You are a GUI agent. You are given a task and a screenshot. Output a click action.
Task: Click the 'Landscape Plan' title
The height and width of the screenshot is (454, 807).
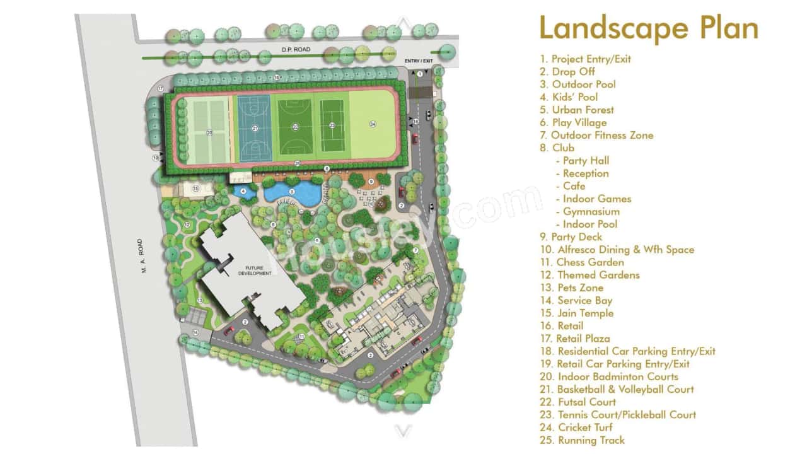pyautogui.click(x=648, y=28)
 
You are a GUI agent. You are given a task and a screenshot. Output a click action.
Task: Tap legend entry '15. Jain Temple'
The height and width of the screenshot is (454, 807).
pyautogui.click(x=576, y=313)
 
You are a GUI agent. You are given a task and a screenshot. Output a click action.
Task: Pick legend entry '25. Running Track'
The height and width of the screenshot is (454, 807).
pyautogui.click(x=582, y=440)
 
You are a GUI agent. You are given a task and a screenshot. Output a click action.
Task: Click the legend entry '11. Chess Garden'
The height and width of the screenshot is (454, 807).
pyautogui.click(x=582, y=262)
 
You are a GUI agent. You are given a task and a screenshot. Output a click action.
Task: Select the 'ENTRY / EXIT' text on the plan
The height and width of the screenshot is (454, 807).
pyautogui.click(x=419, y=61)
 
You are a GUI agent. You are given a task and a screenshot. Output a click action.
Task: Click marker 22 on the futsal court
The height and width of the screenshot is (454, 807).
pyautogui.click(x=295, y=127)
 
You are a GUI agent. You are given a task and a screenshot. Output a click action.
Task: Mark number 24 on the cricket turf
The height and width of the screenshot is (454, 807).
pyautogui.click(x=373, y=124)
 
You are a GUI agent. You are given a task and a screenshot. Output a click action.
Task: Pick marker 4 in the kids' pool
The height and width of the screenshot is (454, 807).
pyautogui.click(x=243, y=190)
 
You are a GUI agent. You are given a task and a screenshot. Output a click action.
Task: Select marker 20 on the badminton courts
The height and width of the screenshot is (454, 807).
pyautogui.click(x=209, y=132)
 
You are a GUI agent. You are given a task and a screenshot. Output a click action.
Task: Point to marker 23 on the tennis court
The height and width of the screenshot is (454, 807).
pyautogui.click(x=332, y=125)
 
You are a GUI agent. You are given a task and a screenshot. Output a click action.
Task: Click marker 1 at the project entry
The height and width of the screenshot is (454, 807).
pyautogui.click(x=419, y=74)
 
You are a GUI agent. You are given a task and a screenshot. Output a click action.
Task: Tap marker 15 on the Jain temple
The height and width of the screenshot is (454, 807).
pyautogui.click(x=195, y=188)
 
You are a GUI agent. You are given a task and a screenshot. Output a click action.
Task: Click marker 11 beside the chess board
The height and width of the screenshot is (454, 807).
pyautogui.click(x=302, y=337)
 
